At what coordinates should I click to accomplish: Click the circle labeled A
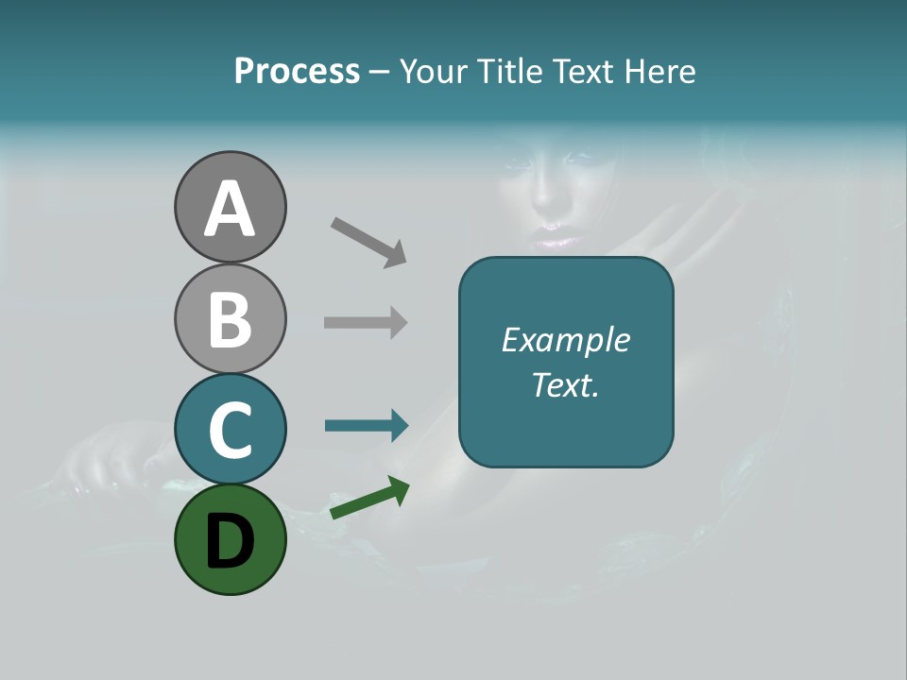pos(230,207)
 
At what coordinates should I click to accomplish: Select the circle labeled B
pos(230,318)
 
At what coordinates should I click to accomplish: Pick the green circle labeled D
pos(230,539)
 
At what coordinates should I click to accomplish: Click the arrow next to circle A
pos(368,242)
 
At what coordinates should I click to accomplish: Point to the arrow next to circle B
pos(366,322)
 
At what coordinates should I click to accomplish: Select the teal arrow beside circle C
pos(367,425)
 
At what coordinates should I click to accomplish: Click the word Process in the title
pos(297,72)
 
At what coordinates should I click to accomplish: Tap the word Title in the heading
pos(511,72)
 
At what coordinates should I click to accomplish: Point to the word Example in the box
pos(565,340)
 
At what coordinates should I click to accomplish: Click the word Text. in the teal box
pos(565,384)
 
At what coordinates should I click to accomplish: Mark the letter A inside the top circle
pos(230,209)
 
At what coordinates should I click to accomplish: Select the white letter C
pos(230,430)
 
